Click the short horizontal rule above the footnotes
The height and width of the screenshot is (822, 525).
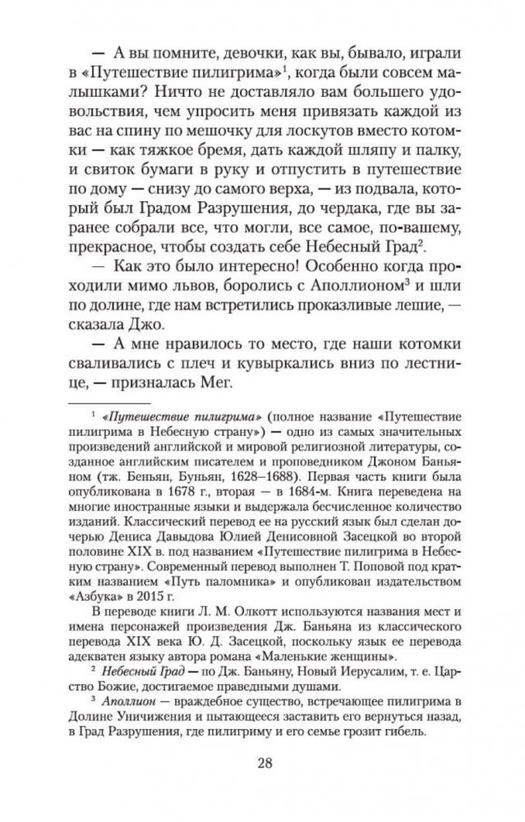(120, 405)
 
